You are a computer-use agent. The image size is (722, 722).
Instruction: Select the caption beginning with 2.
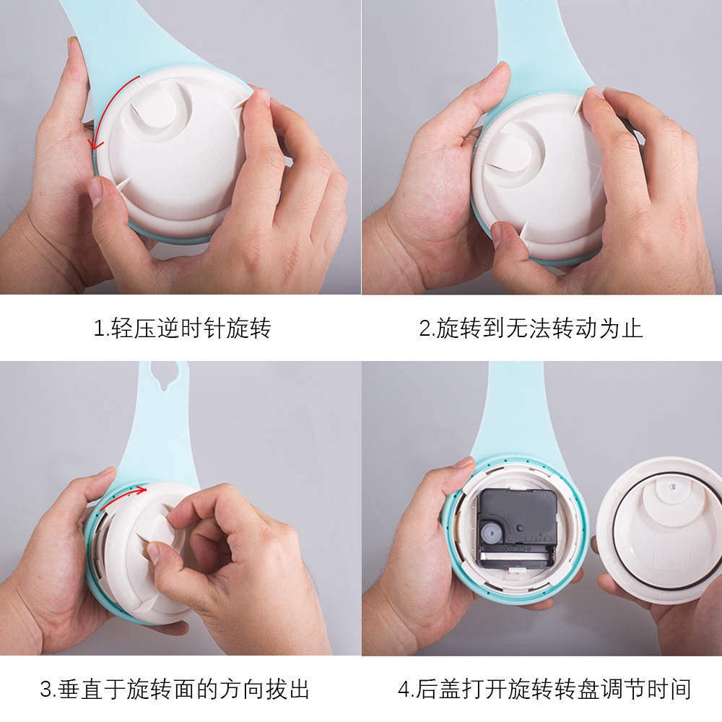point(531,329)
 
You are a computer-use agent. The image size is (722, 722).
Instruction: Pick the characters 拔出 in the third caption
point(289,689)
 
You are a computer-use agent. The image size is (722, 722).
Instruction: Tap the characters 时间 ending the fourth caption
point(671,689)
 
